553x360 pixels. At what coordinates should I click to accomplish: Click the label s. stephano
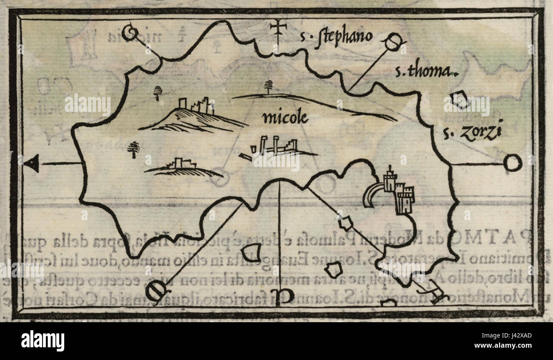(336, 37)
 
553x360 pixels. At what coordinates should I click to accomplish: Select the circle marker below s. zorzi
(512, 163)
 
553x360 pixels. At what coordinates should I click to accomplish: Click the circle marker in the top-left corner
(129, 33)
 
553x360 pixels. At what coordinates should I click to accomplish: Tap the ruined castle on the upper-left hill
(196, 105)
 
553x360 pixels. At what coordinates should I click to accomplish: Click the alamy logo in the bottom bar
(43, 341)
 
